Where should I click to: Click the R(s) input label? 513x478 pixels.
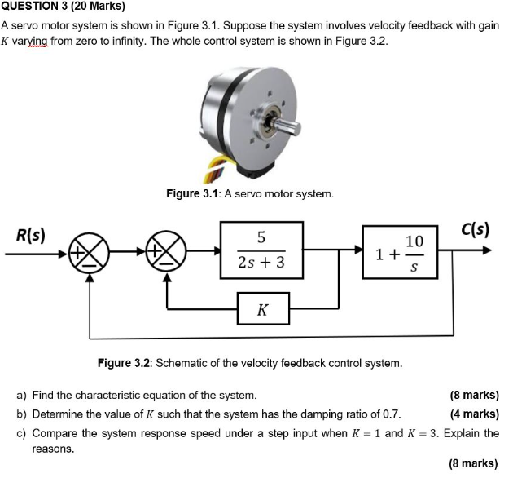pyautogui.click(x=31, y=234)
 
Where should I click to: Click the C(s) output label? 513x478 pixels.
pyautogui.click(x=474, y=228)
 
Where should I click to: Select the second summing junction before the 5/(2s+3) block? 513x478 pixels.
pyautogui.click(x=168, y=254)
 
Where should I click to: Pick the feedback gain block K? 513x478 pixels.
pyautogui.click(x=261, y=310)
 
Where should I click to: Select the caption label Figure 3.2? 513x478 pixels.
pyautogui.click(x=123, y=362)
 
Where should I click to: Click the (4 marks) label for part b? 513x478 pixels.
pyautogui.click(x=474, y=414)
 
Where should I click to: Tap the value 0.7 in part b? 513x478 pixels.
pyautogui.click(x=391, y=414)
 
